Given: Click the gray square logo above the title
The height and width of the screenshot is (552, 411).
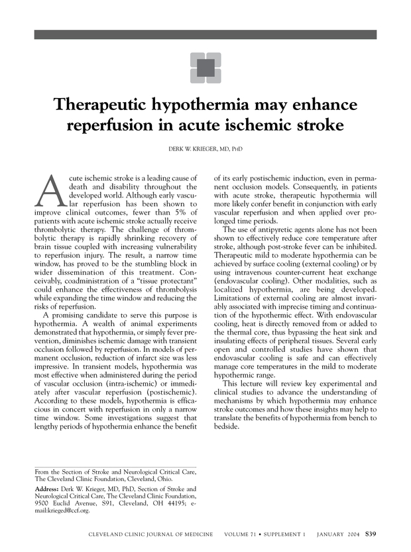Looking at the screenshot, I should (x=205, y=68).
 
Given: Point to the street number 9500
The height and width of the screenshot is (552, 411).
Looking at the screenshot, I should (x=44, y=504).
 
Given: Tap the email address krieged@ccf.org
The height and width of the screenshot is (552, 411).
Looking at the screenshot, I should (x=64, y=511).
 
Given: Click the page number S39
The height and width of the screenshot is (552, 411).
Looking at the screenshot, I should (x=369, y=534).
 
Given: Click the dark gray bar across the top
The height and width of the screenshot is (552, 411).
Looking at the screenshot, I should (x=205, y=34).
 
